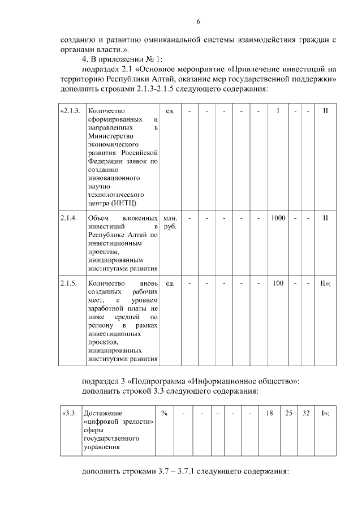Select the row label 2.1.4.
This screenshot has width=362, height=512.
click(x=68, y=218)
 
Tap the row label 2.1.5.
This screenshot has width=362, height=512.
click(x=68, y=283)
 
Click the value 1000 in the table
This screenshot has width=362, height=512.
click(x=278, y=218)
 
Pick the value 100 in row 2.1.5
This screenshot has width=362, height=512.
click(x=278, y=283)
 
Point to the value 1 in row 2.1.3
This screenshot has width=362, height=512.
click(x=278, y=110)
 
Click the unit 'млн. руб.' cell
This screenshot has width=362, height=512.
click(x=170, y=222)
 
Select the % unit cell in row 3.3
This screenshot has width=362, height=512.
click(x=164, y=413)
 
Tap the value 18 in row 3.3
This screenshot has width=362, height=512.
click(x=269, y=413)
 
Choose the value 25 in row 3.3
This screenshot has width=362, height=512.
click(x=288, y=413)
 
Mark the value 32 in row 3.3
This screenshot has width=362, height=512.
click(x=305, y=413)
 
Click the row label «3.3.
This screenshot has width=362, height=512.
click(x=69, y=413)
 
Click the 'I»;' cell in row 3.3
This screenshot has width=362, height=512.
click(x=325, y=413)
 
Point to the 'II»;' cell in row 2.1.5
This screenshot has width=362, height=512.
click(x=325, y=283)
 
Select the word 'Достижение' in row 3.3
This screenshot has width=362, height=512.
click(x=102, y=413)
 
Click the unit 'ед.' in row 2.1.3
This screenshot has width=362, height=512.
click(x=170, y=110)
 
